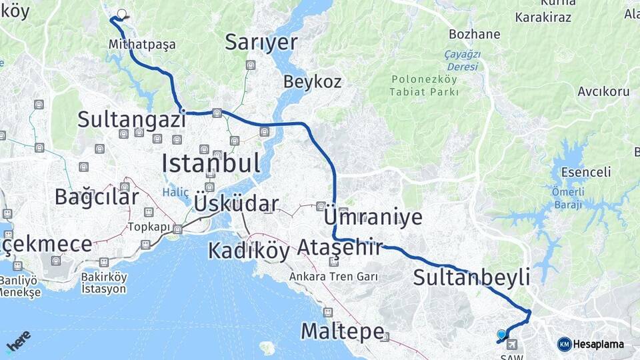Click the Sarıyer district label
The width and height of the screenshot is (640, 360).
[x=261, y=42]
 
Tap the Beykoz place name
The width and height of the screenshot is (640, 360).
[x=312, y=82]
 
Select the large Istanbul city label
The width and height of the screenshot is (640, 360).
[x=211, y=163]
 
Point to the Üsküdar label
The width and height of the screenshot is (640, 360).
[x=236, y=203]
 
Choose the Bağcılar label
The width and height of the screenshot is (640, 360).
[x=97, y=197]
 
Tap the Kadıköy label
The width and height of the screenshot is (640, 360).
[x=249, y=251]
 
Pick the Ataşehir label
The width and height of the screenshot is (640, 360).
[x=340, y=248]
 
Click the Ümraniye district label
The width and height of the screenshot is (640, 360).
[x=373, y=217]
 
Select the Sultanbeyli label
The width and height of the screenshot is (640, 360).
[x=471, y=277]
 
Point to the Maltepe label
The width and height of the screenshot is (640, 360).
[x=342, y=331]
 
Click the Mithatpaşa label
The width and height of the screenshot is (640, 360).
[x=142, y=45]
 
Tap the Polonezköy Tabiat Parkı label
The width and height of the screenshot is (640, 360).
[x=425, y=85]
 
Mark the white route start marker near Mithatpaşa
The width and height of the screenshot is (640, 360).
[x=121, y=13]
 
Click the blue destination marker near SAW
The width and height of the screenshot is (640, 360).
[x=501, y=334]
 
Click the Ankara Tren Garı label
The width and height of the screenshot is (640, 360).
[x=334, y=276]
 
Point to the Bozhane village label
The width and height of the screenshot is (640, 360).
[x=475, y=35]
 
